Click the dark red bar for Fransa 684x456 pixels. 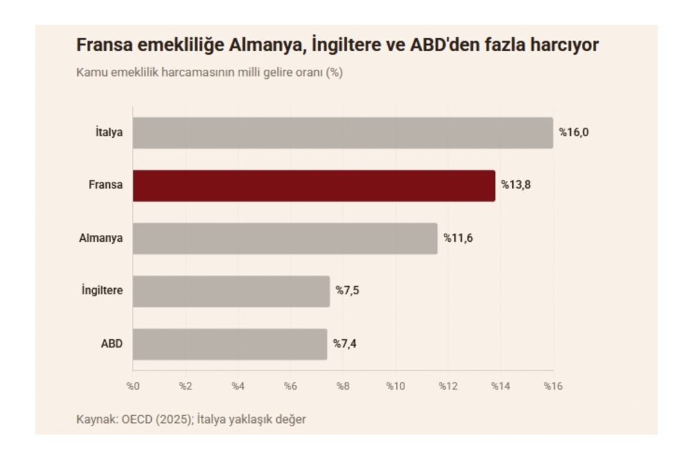(314, 186)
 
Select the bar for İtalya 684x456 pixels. (343, 133)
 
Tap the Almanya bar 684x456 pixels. (285, 238)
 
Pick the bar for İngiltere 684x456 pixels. (231, 292)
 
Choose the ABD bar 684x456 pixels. (230, 344)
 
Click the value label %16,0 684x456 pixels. (574, 133)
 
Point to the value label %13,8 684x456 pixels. (516, 184)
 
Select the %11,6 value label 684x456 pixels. (458, 238)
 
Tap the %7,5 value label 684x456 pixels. (347, 290)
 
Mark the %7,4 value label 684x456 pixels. (344, 344)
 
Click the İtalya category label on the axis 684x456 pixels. (109, 131)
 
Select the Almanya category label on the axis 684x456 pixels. (101, 238)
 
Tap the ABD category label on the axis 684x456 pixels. (112, 344)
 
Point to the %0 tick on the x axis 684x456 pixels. (133, 386)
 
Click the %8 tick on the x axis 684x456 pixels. (343, 386)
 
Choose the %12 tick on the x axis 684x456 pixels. (448, 386)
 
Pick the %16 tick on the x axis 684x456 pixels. (553, 386)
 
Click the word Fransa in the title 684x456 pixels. (104, 45)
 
